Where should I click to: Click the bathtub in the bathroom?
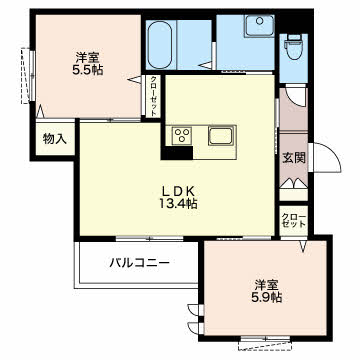tap(159, 45)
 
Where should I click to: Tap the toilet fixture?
tap(294, 47)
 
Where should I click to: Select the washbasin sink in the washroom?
tap(260, 26)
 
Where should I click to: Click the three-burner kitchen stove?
tap(182, 135)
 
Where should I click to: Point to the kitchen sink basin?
tap(220, 136)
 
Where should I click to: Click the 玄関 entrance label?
tap(294, 158)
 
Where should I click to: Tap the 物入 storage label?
tap(55, 139)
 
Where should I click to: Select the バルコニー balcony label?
tap(140, 263)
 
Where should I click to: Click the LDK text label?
tap(178, 191)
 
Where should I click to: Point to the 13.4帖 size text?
tap(178, 203)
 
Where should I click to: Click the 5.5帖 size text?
tap(88, 70)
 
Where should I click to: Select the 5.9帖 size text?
tap(267, 296)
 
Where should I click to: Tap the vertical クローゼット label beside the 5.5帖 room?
tap(153, 96)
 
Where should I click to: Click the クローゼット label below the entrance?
tap(294, 220)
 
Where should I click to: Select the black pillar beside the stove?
tap(177, 153)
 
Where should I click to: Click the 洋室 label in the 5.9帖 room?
tap(267, 285)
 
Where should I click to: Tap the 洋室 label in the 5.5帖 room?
tap(87, 58)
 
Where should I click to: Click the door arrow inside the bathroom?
tap(205, 65)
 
